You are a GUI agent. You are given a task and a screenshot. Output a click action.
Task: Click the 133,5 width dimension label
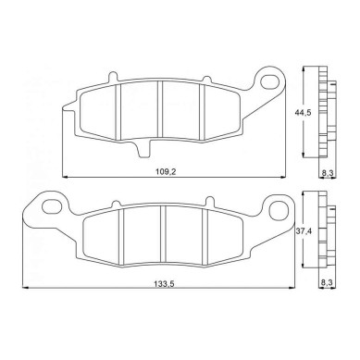(164, 284)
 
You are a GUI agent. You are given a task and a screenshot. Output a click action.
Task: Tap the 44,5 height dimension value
(303, 113)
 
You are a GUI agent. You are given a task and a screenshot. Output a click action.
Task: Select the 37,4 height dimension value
(304, 230)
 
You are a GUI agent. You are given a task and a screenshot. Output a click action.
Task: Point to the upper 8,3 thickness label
(327, 173)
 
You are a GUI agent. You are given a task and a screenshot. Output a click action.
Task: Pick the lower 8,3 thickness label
(327, 282)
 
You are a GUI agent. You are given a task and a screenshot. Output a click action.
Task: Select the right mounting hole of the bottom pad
(277, 210)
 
